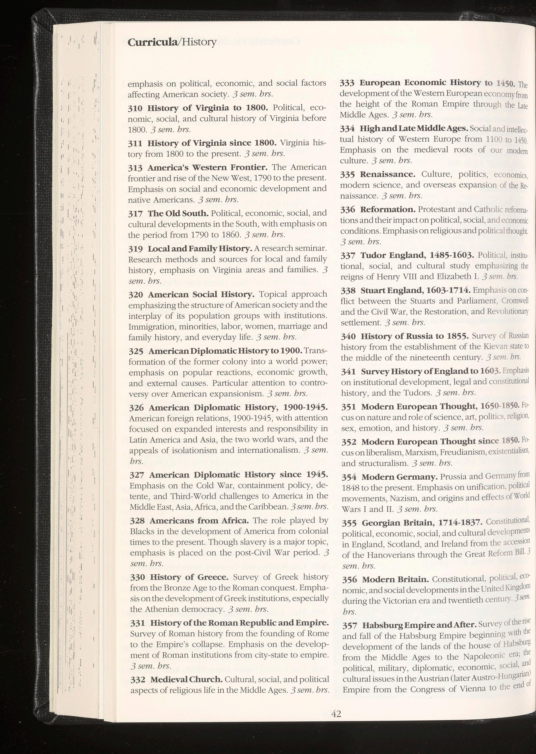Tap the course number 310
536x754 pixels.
tap(135, 108)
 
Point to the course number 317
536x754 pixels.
tap(136, 214)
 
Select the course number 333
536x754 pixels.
tap(348, 83)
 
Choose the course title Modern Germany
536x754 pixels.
tap(400, 477)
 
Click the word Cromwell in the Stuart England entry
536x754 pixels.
tap(515, 301)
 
